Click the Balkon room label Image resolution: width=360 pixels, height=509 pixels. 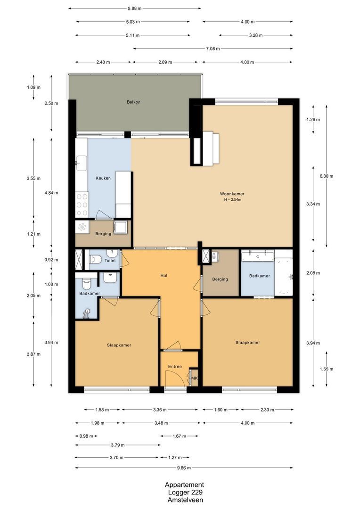tap(133, 102)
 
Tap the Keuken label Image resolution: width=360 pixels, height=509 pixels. tap(103, 178)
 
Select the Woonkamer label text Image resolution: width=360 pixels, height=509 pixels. tap(232, 194)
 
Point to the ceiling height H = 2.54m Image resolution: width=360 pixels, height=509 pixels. tap(232, 200)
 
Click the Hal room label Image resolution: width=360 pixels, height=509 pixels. tap(164, 276)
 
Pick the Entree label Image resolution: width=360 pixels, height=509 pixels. tap(175, 366)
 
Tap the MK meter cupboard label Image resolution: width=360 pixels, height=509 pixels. tap(194, 378)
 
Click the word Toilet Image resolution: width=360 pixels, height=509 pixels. tap(110, 260)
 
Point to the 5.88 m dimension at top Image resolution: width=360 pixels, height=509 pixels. tap(134, 8)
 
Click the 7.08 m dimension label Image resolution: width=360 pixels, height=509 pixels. tap(213, 49)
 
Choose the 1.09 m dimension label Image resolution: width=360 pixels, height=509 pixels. tap(33, 87)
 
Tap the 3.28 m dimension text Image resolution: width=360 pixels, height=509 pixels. tap(255, 35)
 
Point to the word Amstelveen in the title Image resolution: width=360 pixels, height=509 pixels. tap(184, 500)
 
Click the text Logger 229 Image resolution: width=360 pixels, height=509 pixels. tap(184, 493)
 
